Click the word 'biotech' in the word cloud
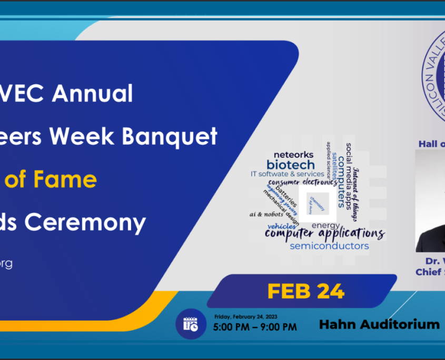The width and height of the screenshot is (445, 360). pos(290,164)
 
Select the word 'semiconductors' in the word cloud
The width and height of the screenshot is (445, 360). pos(329,246)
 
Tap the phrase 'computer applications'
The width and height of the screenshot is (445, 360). pos(324,233)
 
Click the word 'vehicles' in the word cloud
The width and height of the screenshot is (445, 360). pos(281,225)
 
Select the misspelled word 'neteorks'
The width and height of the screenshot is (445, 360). pos(293,154)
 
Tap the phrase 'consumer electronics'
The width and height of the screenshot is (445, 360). pos(303,183)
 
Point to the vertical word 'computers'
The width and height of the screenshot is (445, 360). pos(341,181)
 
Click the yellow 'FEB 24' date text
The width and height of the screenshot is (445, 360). pos(305,291)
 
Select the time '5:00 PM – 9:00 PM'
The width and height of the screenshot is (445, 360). pos(255,327)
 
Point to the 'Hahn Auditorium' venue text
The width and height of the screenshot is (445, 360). pos(379,324)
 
